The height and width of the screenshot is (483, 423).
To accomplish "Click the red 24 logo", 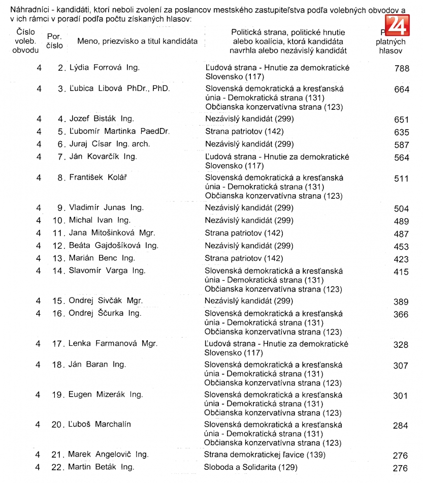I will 397,24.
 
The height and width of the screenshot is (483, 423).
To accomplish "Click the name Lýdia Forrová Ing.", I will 104,68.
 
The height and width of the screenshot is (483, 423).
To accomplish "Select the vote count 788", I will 401,69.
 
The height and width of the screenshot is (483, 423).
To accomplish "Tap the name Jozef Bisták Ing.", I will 102,119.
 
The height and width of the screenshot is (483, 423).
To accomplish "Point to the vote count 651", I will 401,120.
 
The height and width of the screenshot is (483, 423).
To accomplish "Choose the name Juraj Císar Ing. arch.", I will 110,144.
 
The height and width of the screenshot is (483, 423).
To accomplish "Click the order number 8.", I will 62,178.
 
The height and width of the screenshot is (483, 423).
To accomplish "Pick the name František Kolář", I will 98,178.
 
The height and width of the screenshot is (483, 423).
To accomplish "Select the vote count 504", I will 401,209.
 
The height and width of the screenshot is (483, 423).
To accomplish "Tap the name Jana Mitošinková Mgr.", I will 112,233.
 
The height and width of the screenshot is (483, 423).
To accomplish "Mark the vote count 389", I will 401,302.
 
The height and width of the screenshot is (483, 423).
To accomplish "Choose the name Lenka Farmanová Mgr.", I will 113,344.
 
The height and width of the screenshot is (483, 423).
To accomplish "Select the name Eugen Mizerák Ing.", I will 106,395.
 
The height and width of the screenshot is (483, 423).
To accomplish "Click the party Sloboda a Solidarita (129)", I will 251,467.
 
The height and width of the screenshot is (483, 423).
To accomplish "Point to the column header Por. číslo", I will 54,41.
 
